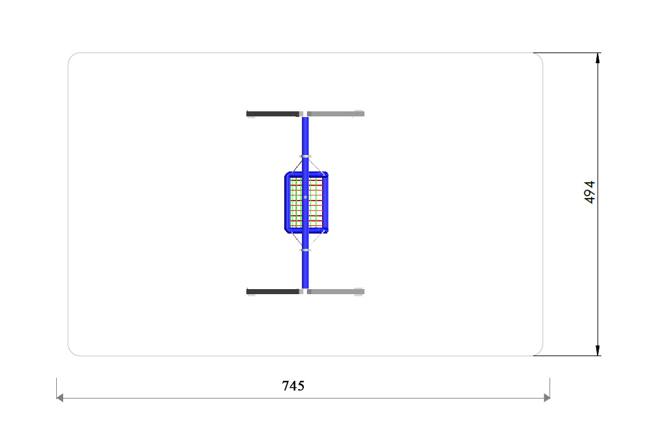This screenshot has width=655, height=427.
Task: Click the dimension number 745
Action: tap(293, 386)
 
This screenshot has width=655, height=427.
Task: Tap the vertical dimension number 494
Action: tap(589, 192)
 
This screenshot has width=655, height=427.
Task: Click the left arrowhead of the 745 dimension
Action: tap(60, 398)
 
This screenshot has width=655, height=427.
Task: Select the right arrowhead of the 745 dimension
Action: tap(546, 398)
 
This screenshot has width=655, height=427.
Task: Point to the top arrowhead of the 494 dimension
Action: tap(598, 58)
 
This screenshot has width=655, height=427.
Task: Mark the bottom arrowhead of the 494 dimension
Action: tap(598, 350)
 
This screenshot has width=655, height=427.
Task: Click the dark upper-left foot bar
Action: tap(273, 114)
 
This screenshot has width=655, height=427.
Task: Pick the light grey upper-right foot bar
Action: tap(336, 114)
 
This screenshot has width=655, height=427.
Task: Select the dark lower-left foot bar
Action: tap(273, 292)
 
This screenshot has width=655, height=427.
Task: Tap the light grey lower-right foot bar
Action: tap(336, 292)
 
